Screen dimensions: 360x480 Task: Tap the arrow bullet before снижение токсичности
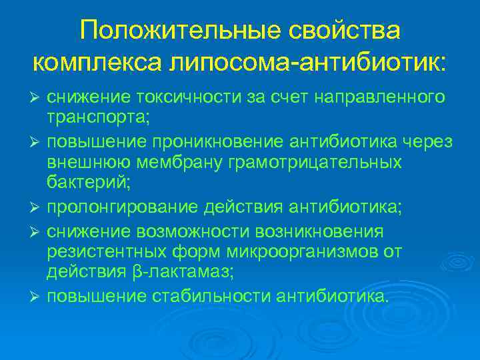tap(37, 98)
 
